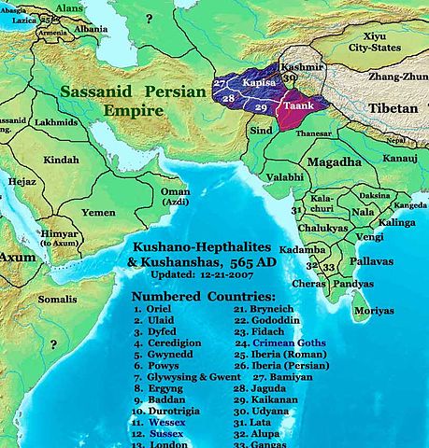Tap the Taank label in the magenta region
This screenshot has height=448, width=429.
pos(299,107)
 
